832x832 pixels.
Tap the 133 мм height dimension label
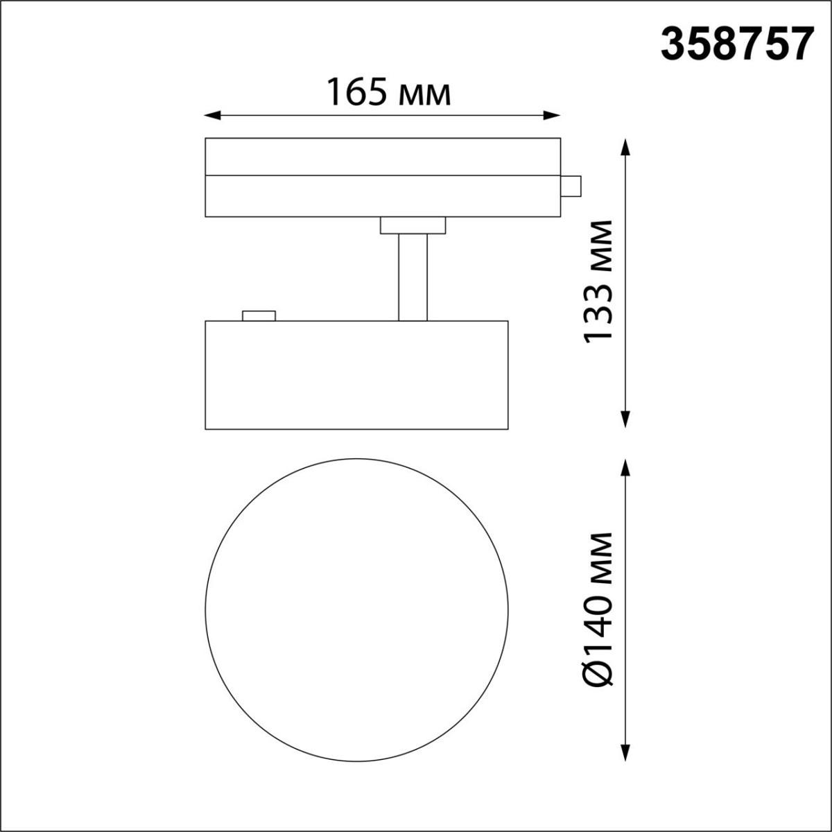tap(598, 281)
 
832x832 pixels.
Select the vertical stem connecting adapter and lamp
tap(413, 277)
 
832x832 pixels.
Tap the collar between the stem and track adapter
tap(413, 225)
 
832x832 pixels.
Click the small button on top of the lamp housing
tap(259, 315)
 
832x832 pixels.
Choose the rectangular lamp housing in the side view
tap(357, 374)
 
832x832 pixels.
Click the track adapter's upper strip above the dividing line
tap(383, 156)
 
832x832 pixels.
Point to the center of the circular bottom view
tap(357, 608)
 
